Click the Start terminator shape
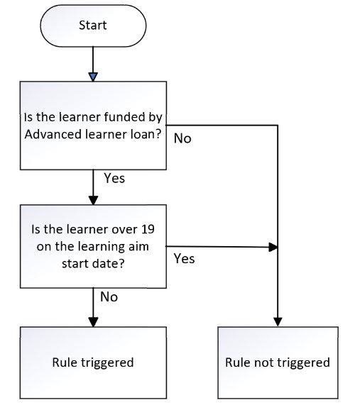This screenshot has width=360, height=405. point(93,26)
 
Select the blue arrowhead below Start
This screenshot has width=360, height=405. point(93,77)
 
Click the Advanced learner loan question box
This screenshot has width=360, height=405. point(93,126)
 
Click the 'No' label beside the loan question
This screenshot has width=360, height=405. point(182,139)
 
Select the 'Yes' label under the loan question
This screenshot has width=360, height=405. point(114,178)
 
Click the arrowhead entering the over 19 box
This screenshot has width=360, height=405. point(93,201)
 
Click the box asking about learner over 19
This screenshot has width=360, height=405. point(93,246)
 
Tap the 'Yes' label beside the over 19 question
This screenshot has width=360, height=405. point(184,259)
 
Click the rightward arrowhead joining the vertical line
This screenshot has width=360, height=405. point(273,247)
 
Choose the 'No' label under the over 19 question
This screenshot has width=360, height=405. point(109,297)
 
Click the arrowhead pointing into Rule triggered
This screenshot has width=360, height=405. point(93,322)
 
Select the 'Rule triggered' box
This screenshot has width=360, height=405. point(93,362)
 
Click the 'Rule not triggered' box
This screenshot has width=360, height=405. point(278,362)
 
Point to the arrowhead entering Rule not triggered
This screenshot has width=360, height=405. point(278,322)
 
